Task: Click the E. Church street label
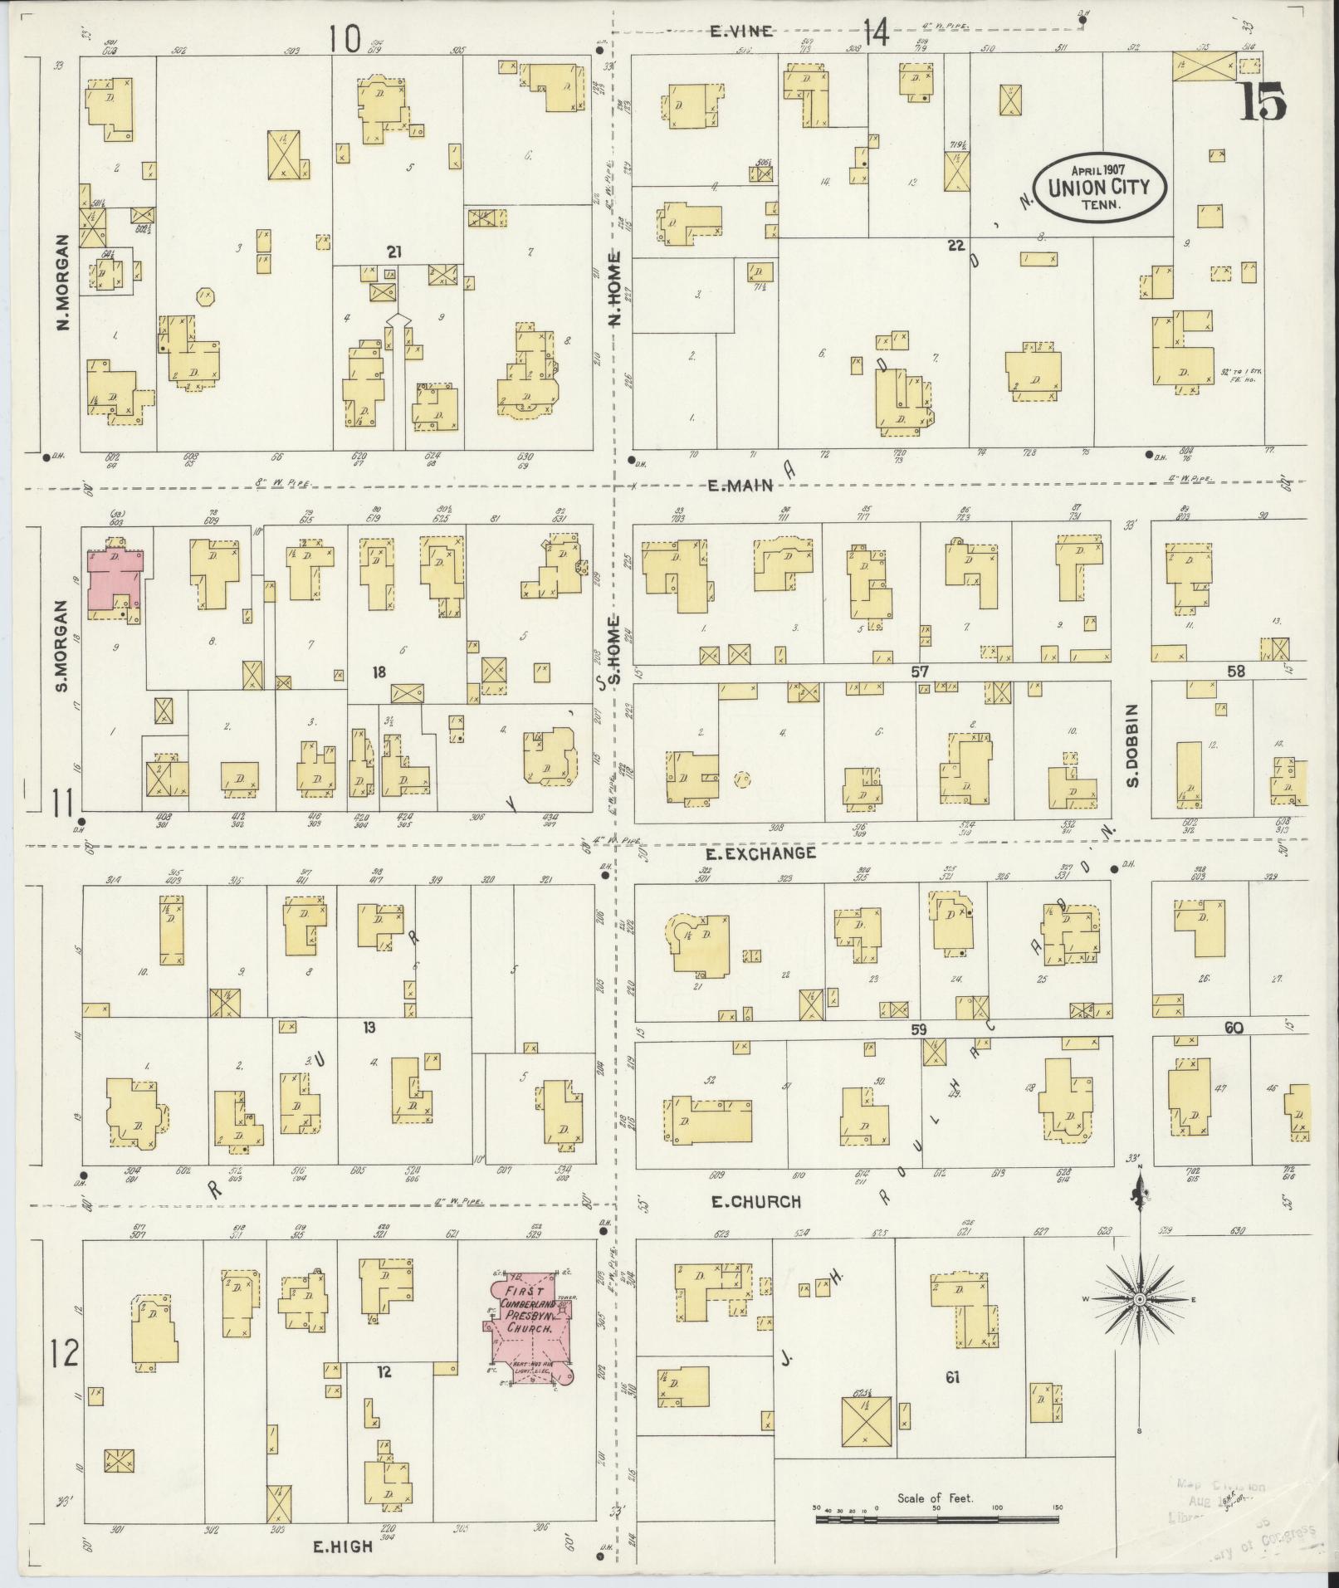click(x=755, y=1201)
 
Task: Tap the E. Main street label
click(x=741, y=486)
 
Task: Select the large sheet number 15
click(x=1263, y=102)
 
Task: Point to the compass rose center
click(x=1140, y=1322)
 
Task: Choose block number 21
click(x=393, y=251)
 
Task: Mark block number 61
click(x=951, y=1378)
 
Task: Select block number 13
click(x=369, y=1028)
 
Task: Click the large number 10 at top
click(x=345, y=37)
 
